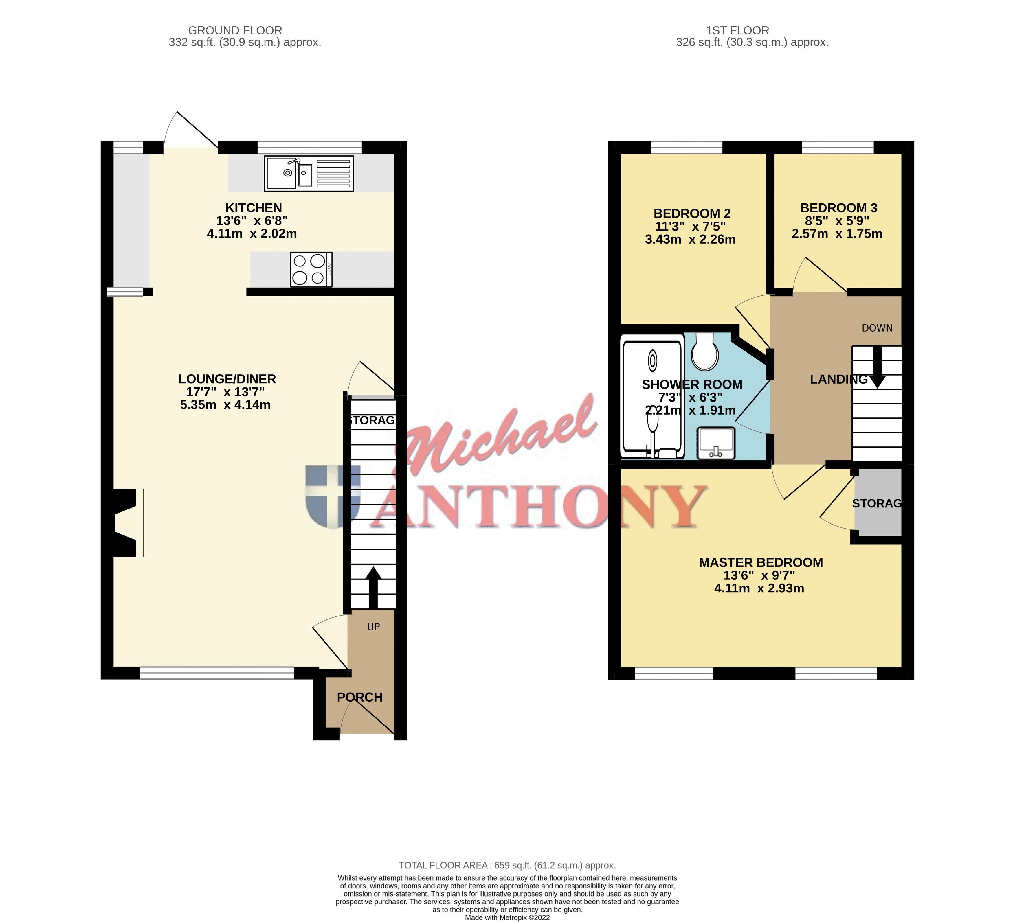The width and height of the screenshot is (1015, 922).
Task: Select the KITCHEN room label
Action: pos(253,208)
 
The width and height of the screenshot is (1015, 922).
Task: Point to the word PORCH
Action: pos(359,697)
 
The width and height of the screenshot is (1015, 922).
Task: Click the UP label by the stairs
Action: pos(373,627)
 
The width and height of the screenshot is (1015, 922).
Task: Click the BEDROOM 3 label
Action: pos(838,208)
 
